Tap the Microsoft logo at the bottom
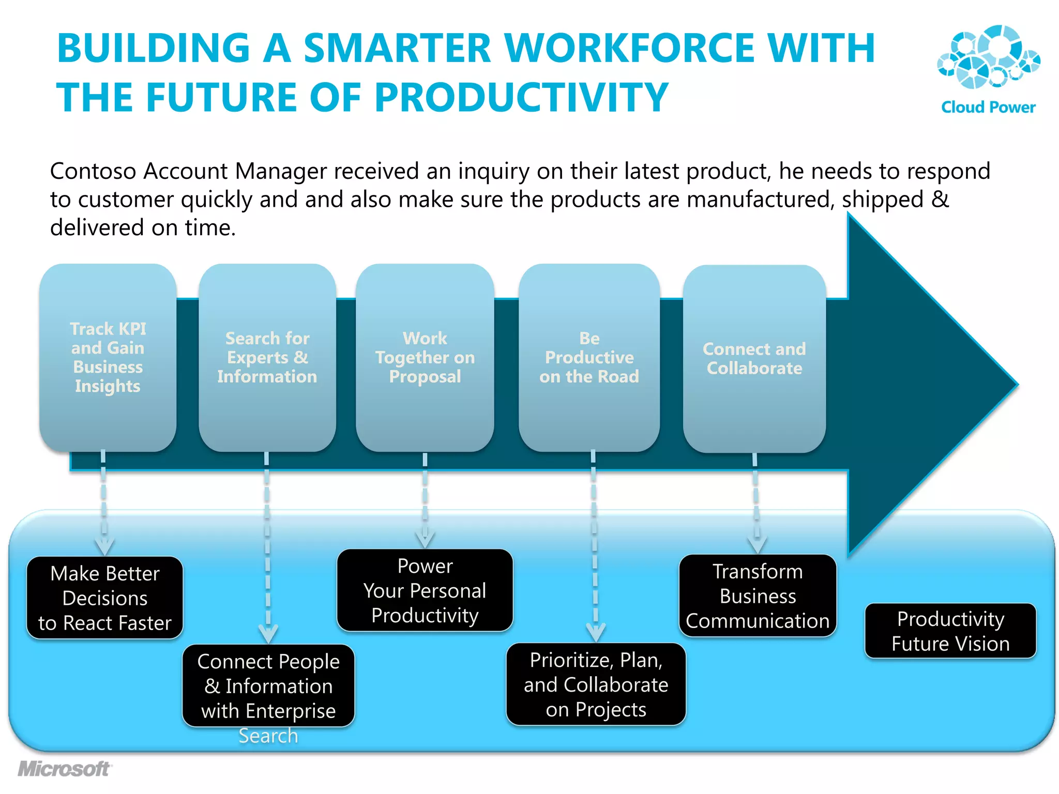(x=64, y=769)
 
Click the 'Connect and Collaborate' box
(x=754, y=359)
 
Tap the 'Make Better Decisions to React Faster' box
(x=105, y=598)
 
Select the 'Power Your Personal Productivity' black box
(x=425, y=590)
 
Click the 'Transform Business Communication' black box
(x=758, y=595)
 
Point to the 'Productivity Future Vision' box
(x=950, y=631)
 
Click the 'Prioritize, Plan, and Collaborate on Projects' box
(x=596, y=684)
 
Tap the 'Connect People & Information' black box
(x=268, y=685)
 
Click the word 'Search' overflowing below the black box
(x=268, y=736)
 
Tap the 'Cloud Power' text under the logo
(x=988, y=107)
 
